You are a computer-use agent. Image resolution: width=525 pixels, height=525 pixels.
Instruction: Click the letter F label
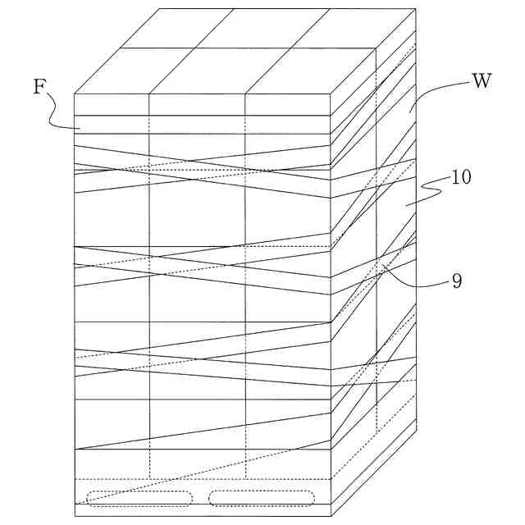[x=39, y=87]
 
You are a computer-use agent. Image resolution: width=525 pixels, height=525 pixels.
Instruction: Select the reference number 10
[x=461, y=178]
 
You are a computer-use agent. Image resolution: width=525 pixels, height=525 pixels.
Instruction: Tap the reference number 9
[x=457, y=281]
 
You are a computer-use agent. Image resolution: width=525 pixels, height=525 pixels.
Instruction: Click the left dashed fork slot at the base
[x=139, y=498]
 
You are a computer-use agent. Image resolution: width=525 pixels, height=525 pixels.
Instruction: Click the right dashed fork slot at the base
[x=262, y=498]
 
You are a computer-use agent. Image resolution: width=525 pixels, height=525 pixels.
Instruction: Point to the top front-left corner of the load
[x=75, y=94]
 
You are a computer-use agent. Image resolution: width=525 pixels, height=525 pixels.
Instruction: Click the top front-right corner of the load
[x=331, y=94]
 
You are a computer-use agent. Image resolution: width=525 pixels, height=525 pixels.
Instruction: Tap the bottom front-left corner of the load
[x=75, y=515]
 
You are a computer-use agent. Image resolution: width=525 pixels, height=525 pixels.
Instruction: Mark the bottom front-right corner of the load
[x=331, y=515]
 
